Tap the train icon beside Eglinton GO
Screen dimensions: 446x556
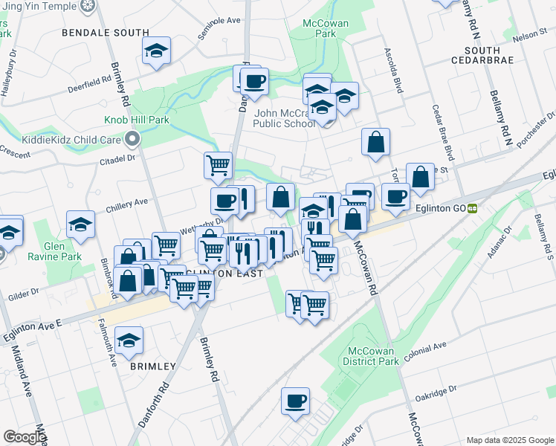(x=473, y=209)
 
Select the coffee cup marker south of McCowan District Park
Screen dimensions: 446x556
(x=295, y=402)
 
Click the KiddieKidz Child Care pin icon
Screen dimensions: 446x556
(x=132, y=138)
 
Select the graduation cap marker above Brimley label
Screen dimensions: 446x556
(x=129, y=340)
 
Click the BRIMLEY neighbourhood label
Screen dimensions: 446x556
(x=153, y=366)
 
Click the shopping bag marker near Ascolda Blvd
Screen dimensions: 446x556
(x=376, y=141)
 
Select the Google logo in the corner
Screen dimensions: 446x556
(x=25, y=437)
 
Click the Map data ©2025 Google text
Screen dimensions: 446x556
(x=509, y=440)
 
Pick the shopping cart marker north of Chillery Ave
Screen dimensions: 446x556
(x=218, y=165)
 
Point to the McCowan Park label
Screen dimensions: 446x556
(x=321, y=29)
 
